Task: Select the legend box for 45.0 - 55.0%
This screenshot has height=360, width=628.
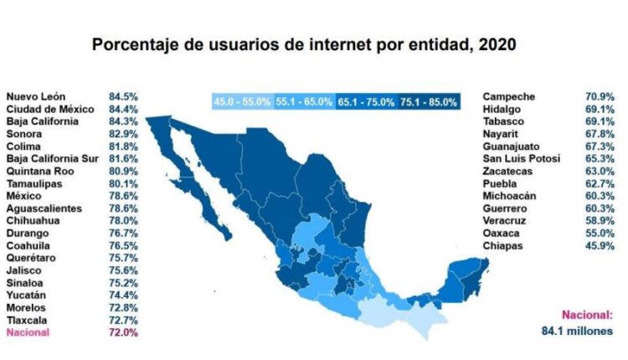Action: click(242, 102)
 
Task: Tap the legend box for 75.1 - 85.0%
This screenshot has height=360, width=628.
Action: click(429, 102)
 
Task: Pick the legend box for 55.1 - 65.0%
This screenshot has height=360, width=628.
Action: click(304, 102)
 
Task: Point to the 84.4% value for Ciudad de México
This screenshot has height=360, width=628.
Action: click(123, 109)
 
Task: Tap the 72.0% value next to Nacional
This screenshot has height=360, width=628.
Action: click(123, 332)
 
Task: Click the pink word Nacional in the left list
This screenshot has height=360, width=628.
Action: click(28, 332)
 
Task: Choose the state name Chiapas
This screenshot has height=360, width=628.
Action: click(502, 245)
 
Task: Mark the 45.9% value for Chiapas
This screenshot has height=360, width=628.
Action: click(600, 245)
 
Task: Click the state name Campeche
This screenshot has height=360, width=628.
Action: click(509, 96)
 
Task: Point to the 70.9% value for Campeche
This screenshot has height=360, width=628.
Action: click(600, 96)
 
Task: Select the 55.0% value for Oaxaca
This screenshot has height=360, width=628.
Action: click(600, 233)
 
